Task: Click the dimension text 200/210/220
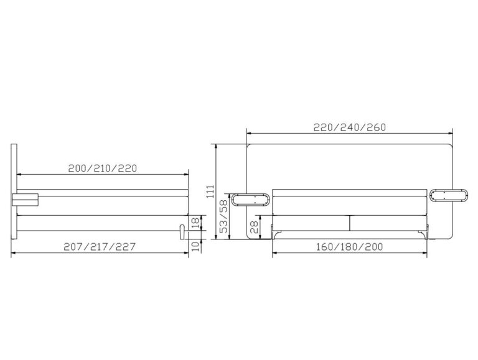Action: (103, 168)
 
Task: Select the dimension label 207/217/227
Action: (100, 246)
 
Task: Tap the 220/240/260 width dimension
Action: (350, 127)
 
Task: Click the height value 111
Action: (211, 192)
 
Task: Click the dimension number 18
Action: (195, 223)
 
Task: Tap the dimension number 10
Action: (195, 246)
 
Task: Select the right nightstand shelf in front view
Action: (448, 195)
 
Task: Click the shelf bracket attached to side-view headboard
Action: (25, 198)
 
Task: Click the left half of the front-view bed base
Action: (311, 222)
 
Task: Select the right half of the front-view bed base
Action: (388, 222)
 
